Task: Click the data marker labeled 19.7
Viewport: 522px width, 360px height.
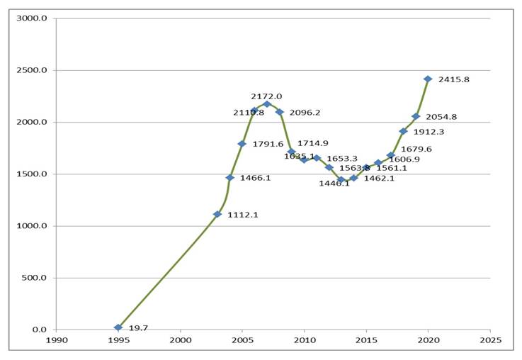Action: click(118, 327)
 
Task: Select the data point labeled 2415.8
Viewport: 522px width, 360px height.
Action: click(428, 79)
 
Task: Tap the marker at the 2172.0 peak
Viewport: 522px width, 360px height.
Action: click(267, 104)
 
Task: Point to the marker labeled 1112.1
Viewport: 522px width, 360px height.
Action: click(217, 214)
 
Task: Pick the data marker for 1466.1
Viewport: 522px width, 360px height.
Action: click(229, 177)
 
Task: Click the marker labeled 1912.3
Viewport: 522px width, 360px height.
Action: click(403, 131)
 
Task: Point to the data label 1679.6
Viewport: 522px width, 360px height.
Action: click(416, 150)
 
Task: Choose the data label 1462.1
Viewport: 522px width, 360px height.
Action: click(379, 179)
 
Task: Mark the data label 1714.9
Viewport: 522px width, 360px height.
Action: click(312, 144)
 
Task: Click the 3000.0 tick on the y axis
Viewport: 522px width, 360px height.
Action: click(33, 18)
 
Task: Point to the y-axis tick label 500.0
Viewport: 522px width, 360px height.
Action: click(35, 278)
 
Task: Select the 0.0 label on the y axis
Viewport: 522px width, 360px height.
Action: click(40, 330)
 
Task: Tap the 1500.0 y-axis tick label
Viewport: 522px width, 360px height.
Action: click(33, 174)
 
